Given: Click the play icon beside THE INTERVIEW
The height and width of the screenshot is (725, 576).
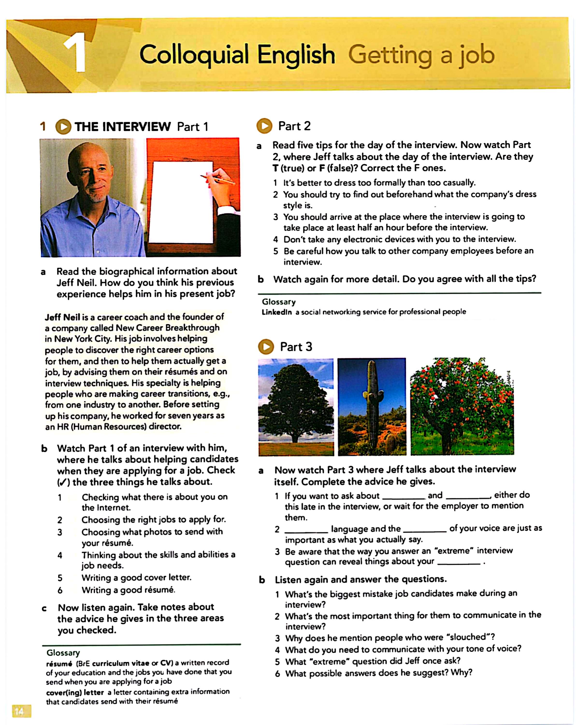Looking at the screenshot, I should click(63, 127).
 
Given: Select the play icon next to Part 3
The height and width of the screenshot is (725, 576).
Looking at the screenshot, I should click(266, 347).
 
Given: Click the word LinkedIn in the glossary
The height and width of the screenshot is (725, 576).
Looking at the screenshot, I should click(276, 312).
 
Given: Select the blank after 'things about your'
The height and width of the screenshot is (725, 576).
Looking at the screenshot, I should click(459, 562).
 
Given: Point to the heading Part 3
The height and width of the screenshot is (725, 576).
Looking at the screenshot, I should click(296, 347).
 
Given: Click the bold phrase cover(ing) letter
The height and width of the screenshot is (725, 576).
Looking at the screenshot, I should click(75, 692).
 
